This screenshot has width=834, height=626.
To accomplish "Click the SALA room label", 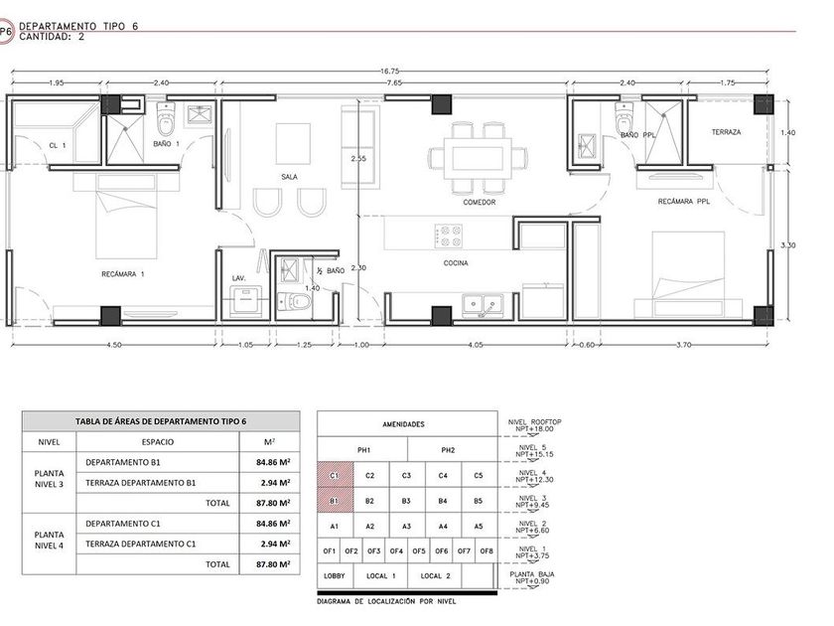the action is coord(289,177).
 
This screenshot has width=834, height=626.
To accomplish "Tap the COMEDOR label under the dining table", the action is coord(479,203).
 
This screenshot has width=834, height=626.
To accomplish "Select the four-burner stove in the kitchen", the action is coord(449,235).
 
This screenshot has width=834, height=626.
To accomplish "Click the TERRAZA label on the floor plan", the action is coord(726,132).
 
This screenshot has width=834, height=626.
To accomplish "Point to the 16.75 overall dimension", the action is coord(389,71).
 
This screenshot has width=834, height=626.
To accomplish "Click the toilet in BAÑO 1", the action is coord(166,119).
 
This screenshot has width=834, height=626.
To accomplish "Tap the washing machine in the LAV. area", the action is coord(246,301).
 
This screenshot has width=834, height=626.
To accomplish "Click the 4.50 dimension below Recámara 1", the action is coord(114,345).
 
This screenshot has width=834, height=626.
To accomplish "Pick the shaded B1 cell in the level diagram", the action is coord(336,501).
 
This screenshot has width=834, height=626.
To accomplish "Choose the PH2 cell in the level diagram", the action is coord(448,450).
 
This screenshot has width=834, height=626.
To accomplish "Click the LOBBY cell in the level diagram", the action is coord(335,576).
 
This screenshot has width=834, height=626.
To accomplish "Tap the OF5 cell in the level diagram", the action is coord(419,550).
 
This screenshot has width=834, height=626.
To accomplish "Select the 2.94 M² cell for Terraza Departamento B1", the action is coord(270,483).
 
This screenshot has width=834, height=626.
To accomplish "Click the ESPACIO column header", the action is coord(158,442).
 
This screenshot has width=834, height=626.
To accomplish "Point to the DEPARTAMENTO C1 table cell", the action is coord(123,524).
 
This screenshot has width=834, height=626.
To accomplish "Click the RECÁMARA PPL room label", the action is coord(683,202).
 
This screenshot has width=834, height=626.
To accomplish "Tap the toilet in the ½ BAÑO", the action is coord(294,302).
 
